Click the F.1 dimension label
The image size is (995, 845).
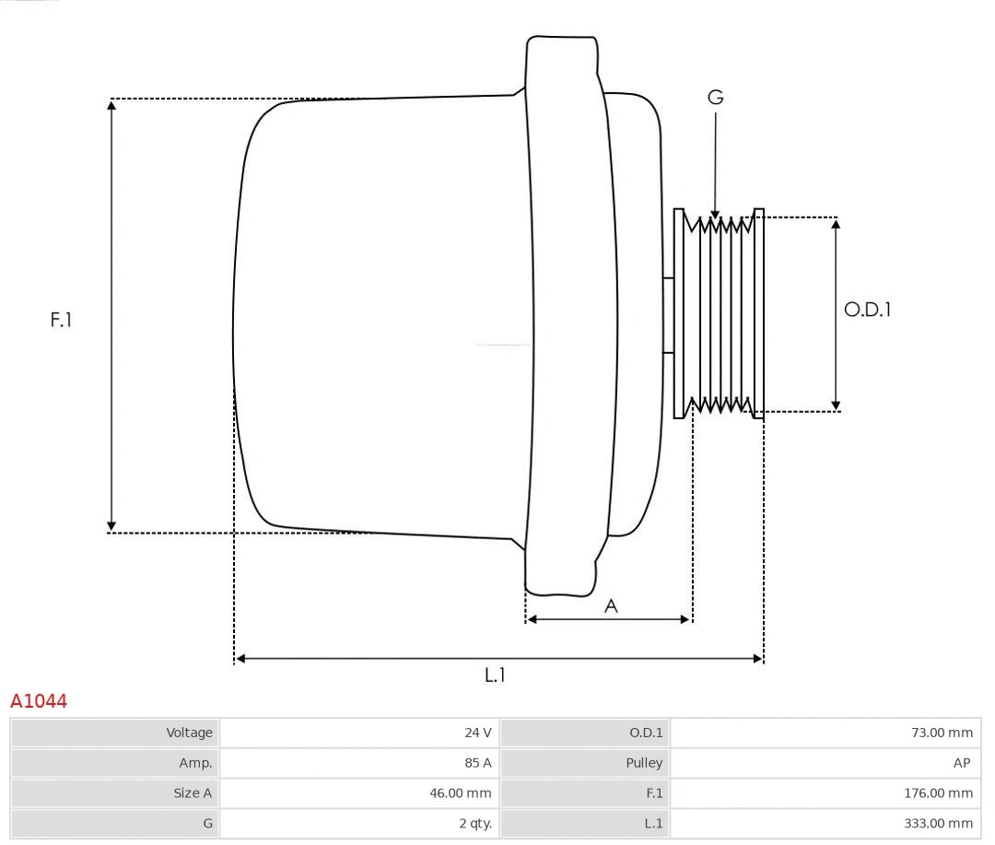tap(61, 320)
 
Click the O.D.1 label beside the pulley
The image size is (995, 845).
tap(867, 310)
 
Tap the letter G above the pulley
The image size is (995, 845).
tap(715, 97)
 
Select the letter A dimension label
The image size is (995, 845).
tap(610, 605)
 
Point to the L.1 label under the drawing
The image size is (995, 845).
tap(496, 675)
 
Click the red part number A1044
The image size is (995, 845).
tap(39, 701)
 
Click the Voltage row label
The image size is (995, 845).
tap(189, 733)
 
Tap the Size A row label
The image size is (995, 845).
tap(193, 792)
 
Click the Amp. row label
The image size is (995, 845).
tap(195, 763)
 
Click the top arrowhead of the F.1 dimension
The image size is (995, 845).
tap(111, 104)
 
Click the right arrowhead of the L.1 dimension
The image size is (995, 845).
tap(758, 658)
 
